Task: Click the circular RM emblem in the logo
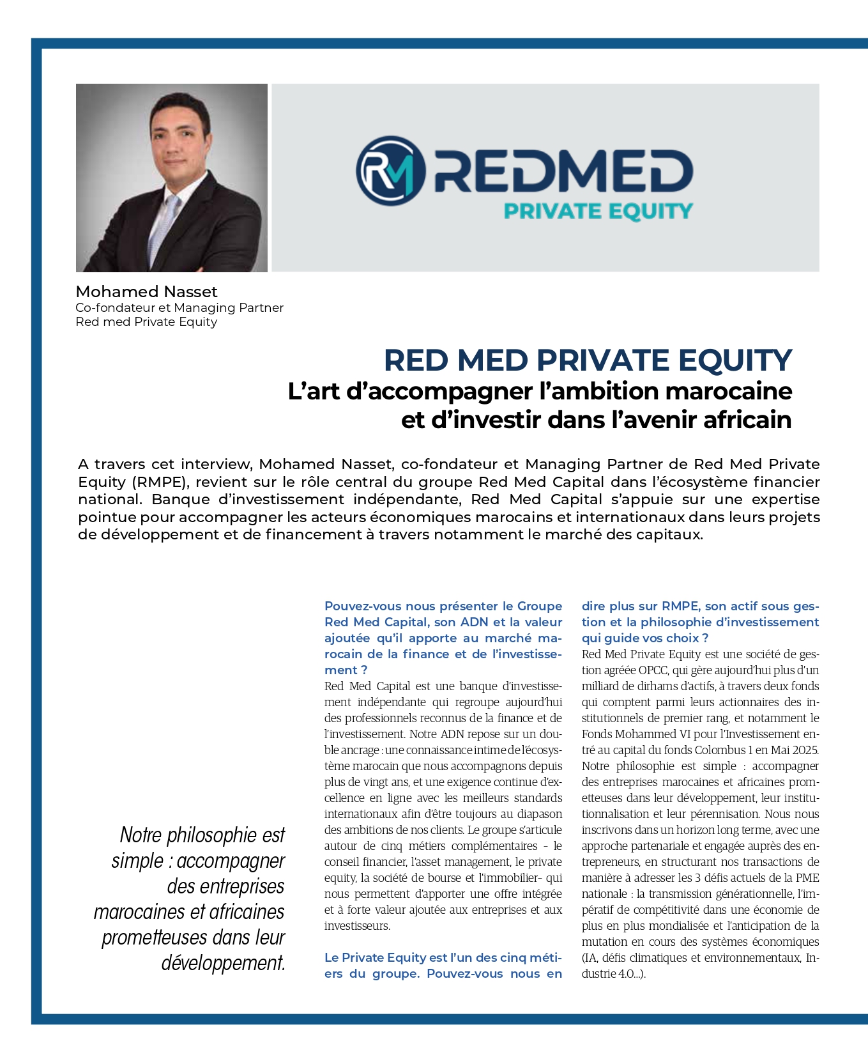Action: click(390, 171)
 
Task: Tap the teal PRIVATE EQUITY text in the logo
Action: click(598, 212)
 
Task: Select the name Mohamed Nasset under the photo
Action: click(146, 292)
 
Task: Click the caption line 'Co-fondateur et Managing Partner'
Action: click(179, 308)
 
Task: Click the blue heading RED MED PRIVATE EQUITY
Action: click(588, 360)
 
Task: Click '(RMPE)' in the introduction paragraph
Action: click(161, 482)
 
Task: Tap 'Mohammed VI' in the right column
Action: click(645, 734)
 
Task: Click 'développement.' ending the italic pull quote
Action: click(223, 962)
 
